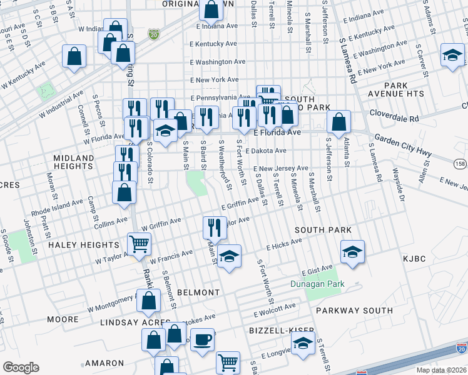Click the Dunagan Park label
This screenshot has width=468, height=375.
tap(317, 284)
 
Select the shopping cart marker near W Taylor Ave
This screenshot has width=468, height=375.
tap(139, 244)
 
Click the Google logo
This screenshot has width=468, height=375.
tap(21, 367)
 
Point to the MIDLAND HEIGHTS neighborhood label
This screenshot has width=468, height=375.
tap(73, 162)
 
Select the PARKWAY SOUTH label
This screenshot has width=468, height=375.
tap(354, 310)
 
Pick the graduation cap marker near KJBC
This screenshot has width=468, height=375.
tap(352, 252)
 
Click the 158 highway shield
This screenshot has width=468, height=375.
tap(460, 164)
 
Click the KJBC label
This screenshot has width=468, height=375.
tap(414, 257)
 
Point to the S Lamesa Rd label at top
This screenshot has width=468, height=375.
tap(348, 56)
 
